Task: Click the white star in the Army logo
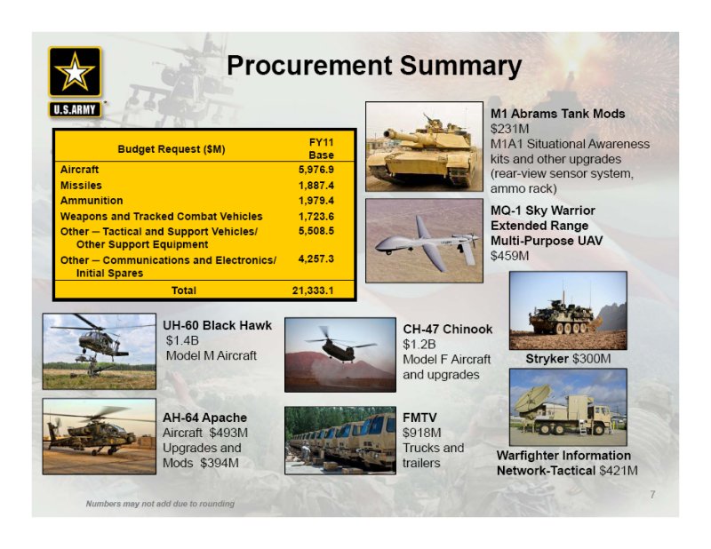[x=75, y=72]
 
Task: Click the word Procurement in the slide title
[x=309, y=65]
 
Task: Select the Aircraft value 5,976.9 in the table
[x=316, y=170]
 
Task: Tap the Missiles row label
[x=81, y=185]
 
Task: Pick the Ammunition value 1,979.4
[x=316, y=201]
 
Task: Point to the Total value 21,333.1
[x=313, y=290]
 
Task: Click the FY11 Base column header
[x=321, y=148]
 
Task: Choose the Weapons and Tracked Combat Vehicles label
[x=162, y=216]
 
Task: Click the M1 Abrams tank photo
[x=425, y=147]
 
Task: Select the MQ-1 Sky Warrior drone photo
[x=425, y=240]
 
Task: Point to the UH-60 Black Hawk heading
[x=217, y=325]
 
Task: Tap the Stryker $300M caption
[x=568, y=359]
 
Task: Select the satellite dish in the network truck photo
[x=533, y=401]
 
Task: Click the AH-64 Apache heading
[x=205, y=418]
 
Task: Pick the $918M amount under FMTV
[x=421, y=433]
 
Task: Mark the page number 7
[x=652, y=495]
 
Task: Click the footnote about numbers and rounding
[x=160, y=504]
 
